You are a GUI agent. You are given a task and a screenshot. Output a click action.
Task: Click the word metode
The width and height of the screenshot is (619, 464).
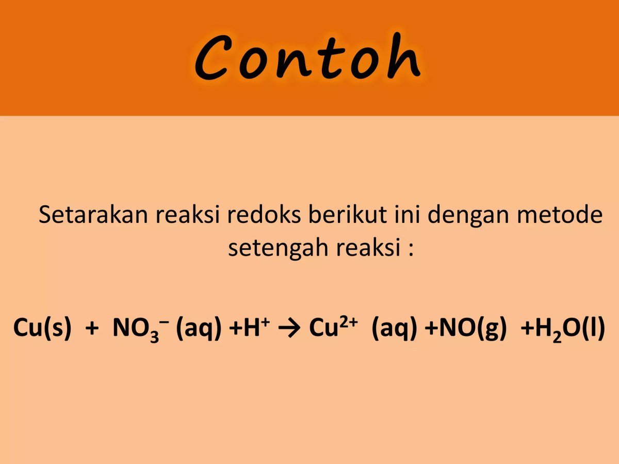coord(557,214)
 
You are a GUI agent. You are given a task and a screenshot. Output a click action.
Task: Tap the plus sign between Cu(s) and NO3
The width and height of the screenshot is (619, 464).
coord(91,328)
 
